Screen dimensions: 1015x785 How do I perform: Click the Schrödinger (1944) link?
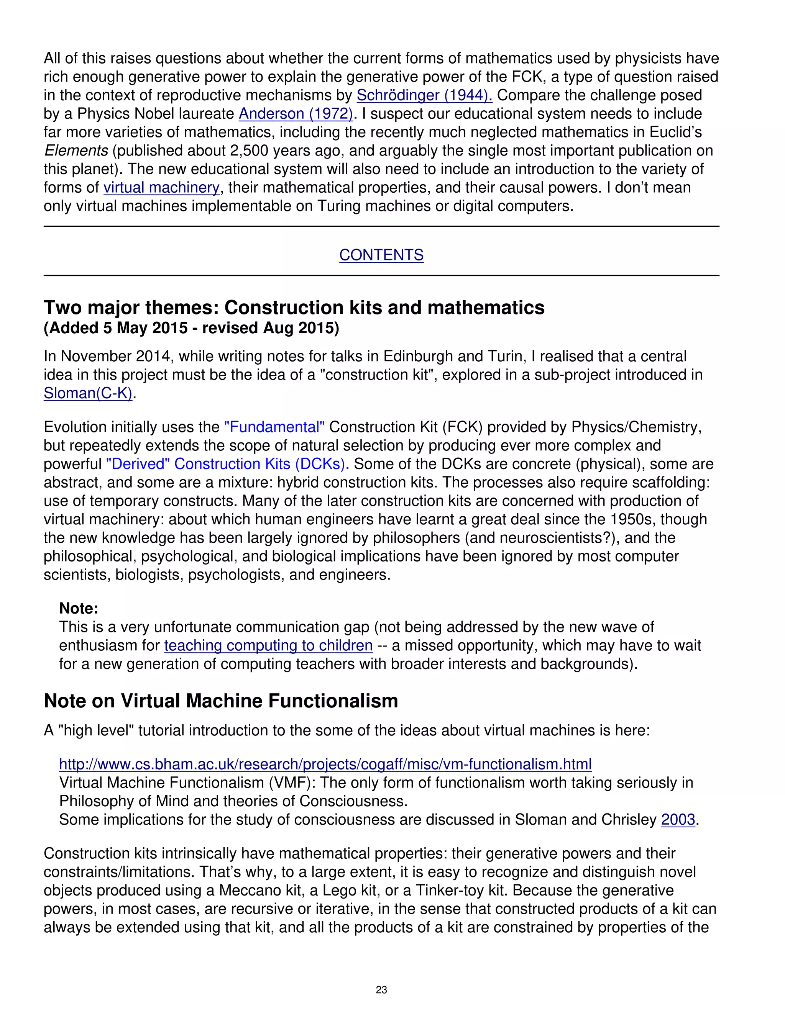(424, 95)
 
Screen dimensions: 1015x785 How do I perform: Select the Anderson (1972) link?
(296, 114)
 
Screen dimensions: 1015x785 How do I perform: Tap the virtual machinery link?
(161, 188)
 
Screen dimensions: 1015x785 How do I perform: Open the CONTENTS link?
(381, 255)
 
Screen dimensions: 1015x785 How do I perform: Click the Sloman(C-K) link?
(88, 394)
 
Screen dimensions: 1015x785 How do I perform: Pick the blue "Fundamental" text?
(274, 427)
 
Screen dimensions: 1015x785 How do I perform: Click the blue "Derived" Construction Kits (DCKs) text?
(227, 464)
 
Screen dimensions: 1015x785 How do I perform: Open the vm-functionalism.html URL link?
(325, 765)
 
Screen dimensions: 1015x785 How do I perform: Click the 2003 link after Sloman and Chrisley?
(678, 820)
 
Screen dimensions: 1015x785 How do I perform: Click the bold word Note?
(79, 608)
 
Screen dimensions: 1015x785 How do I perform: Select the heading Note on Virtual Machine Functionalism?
(221, 701)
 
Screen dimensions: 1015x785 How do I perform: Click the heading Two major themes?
(294, 308)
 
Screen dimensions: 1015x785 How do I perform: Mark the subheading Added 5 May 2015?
(191, 328)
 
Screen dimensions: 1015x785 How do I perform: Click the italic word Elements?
(76, 151)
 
